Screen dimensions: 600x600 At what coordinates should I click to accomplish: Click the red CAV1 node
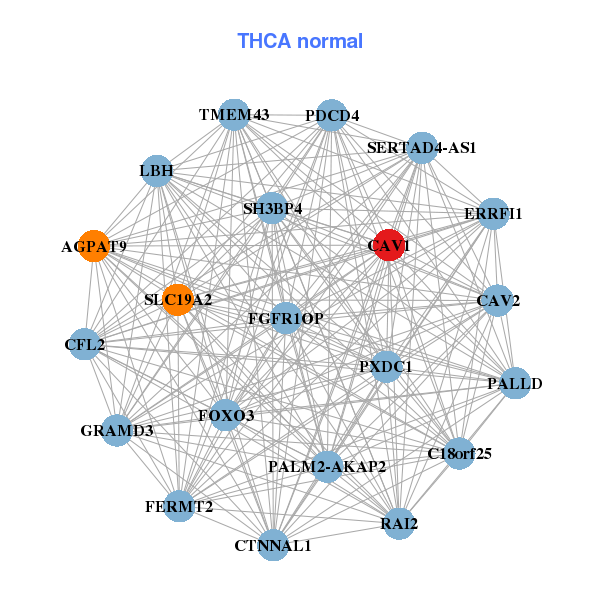[389, 245]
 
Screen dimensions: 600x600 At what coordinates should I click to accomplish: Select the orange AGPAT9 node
[93, 246]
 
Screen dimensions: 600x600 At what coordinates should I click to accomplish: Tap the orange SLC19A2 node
[177, 299]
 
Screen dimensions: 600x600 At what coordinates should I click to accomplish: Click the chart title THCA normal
[300, 41]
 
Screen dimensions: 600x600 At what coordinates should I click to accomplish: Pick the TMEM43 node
[234, 114]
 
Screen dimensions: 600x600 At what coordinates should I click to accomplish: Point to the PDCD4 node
[331, 115]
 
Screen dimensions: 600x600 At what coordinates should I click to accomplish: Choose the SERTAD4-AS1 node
[423, 147]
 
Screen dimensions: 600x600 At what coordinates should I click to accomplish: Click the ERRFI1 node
[492, 214]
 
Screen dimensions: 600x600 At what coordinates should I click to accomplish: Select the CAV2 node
[497, 300]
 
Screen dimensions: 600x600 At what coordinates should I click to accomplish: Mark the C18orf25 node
[459, 453]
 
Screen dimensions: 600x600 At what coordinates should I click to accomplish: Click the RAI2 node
[399, 523]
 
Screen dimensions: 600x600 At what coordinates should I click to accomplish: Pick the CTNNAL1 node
[273, 546]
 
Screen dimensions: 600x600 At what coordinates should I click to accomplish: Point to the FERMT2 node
[180, 506]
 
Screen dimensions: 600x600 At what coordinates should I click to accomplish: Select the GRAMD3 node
[117, 431]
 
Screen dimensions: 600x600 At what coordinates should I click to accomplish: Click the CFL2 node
[85, 345]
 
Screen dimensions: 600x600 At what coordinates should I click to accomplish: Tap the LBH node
[157, 171]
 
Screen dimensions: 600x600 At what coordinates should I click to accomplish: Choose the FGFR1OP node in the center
[286, 319]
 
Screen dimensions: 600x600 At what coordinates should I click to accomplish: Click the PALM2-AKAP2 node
[327, 466]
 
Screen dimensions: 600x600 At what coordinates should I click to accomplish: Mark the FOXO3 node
[226, 415]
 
